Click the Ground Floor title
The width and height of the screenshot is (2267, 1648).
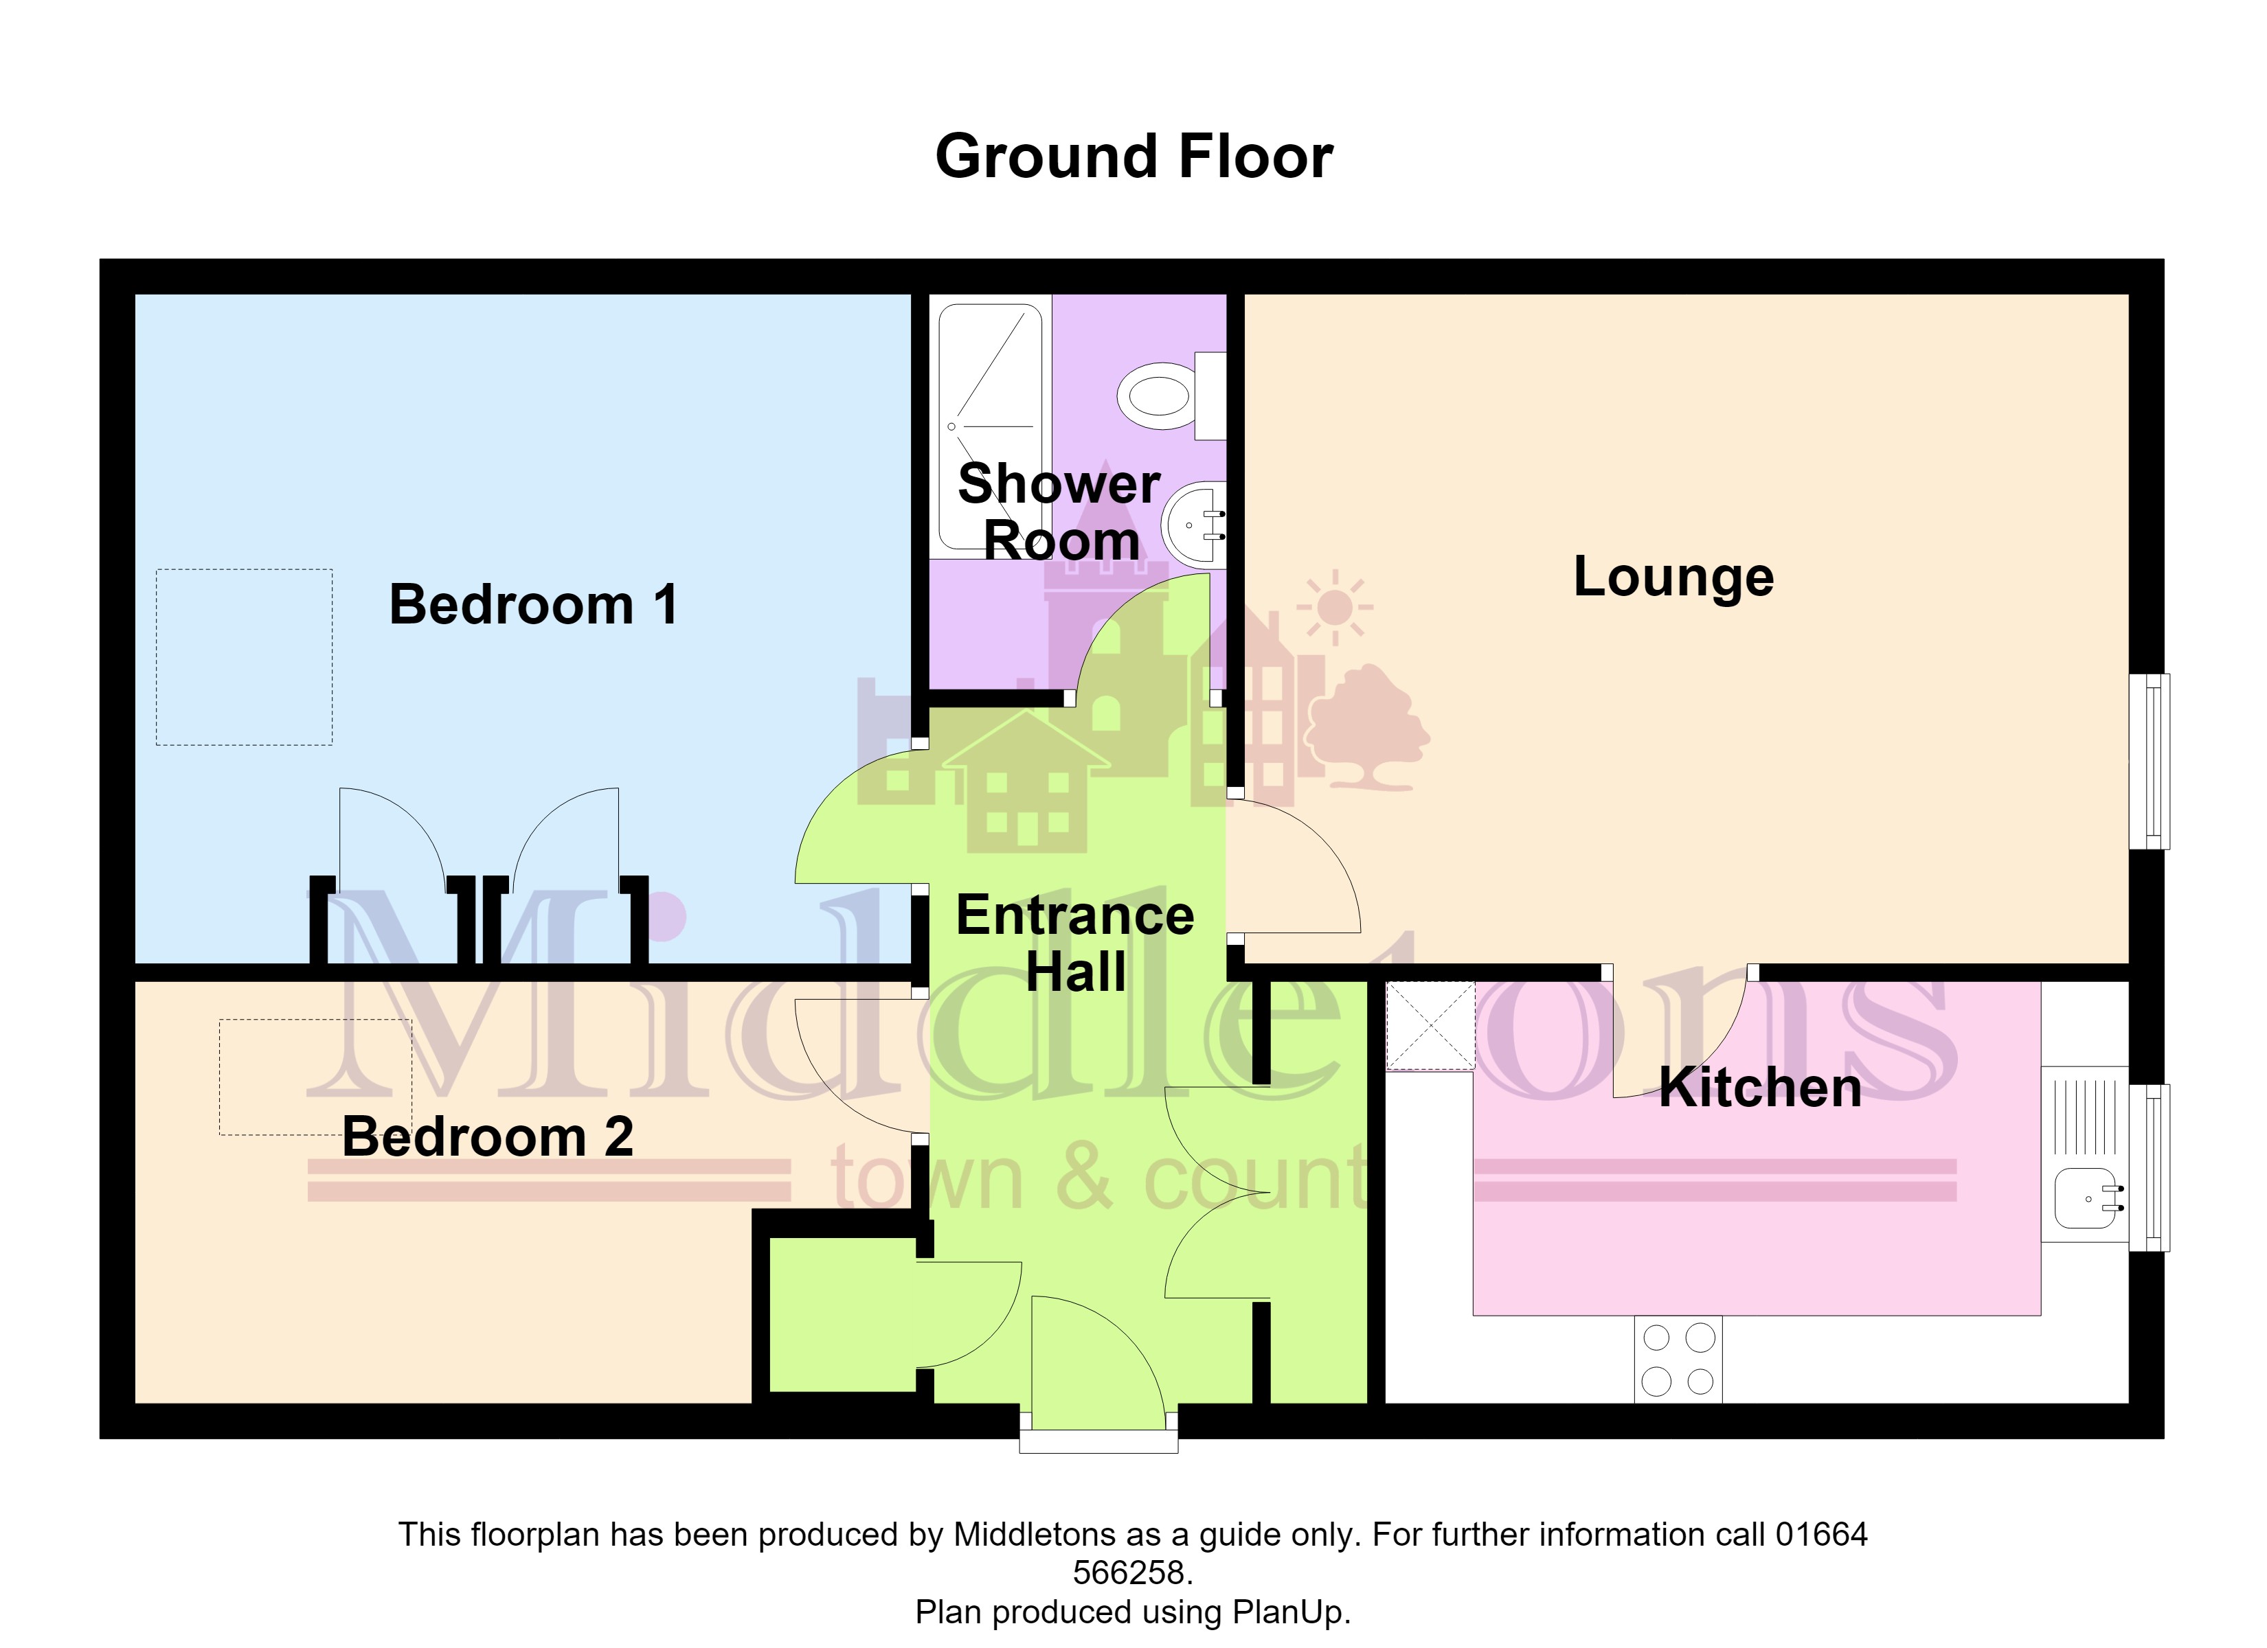point(1133,158)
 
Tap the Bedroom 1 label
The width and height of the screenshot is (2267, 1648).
point(534,605)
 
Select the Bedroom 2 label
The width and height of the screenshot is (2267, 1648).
point(488,1136)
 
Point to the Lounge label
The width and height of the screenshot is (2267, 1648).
point(1673,577)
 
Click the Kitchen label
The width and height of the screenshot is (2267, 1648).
point(1760,1088)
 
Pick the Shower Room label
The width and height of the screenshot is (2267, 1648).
point(1059,512)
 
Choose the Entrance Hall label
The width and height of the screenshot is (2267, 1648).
point(1076,943)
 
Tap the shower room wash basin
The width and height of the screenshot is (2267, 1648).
point(1193,525)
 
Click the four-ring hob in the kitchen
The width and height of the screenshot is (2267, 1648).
point(1678,1359)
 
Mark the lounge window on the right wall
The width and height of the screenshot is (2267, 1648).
point(2149,762)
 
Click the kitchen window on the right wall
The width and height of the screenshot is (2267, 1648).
point(2149,1167)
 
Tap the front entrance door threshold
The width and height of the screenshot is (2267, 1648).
point(1098,1442)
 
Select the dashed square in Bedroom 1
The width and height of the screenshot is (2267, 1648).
point(244,658)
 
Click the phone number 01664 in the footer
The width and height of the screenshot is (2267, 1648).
point(1821,1534)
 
